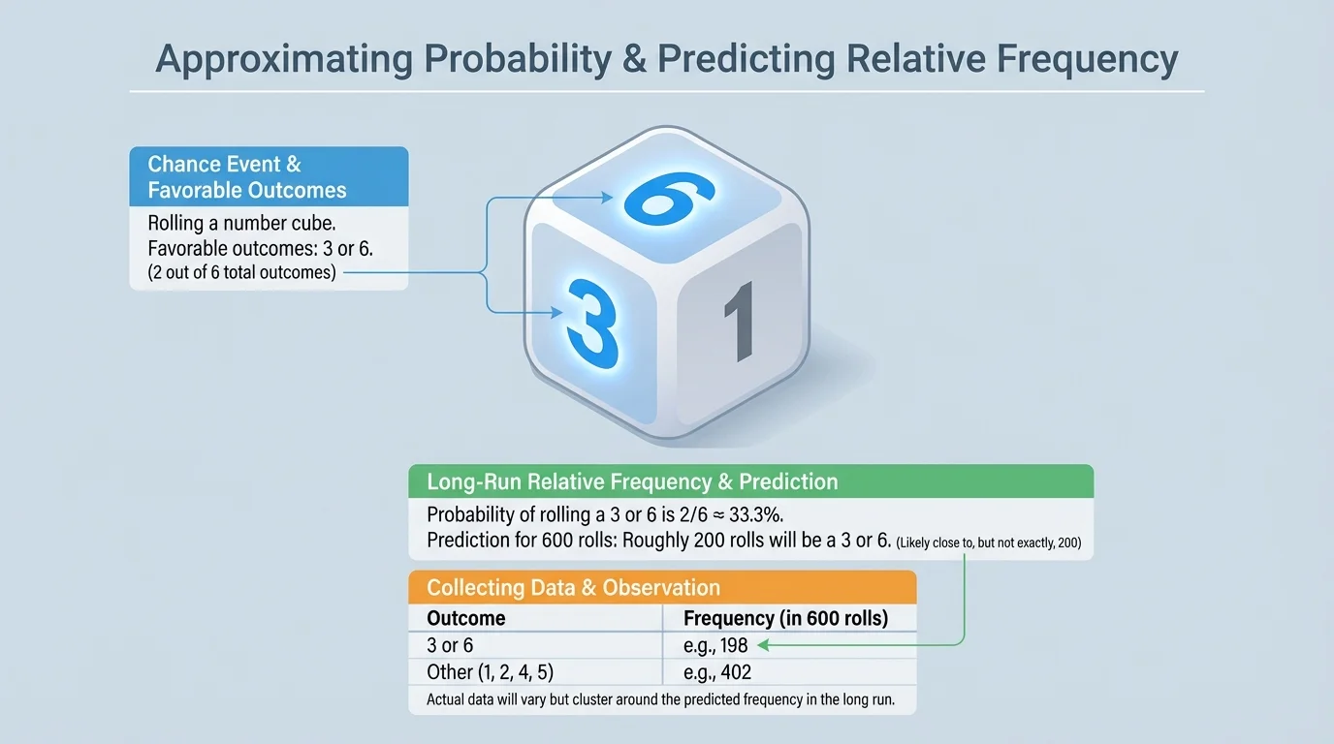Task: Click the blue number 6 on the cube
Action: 668,199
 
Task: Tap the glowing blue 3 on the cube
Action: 592,324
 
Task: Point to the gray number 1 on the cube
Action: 739,322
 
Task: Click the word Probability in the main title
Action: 518,59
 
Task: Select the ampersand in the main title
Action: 635,58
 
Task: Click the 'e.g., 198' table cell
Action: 715,645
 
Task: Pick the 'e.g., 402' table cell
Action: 717,672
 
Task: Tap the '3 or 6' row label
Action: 450,645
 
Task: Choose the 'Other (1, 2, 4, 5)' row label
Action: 491,672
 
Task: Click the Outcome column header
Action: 465,618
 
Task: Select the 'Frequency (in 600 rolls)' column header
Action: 785,618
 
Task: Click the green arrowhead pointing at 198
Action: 763,645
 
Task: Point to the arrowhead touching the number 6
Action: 607,198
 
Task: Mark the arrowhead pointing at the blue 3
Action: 556,313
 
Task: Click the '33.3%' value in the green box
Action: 756,514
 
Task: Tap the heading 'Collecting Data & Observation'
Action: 574,587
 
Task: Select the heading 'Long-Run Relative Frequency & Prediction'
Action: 632,481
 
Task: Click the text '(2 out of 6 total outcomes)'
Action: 241,272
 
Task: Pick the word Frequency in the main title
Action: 1088,59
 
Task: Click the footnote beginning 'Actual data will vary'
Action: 660,699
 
